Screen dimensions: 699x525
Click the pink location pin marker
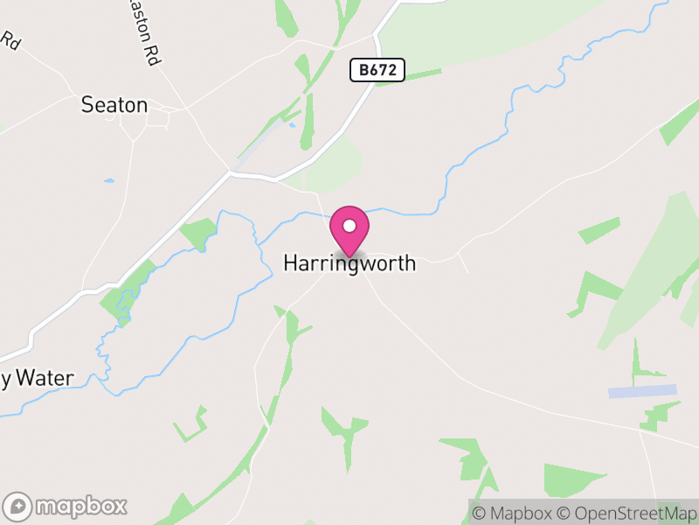[349, 229]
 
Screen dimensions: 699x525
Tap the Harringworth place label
[349, 262]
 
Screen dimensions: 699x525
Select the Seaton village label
[114, 105]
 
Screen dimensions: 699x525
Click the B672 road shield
[377, 71]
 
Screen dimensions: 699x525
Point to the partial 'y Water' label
[37, 379]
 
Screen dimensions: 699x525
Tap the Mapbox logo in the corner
[66, 506]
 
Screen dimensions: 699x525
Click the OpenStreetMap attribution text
[626, 513]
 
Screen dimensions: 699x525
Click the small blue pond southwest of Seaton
[109, 181]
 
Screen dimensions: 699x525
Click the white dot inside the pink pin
[349, 226]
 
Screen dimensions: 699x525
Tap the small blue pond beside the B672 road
[293, 124]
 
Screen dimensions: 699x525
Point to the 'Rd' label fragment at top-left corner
[10, 39]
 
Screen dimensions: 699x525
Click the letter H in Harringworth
[291, 262]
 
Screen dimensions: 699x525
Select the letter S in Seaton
[87, 105]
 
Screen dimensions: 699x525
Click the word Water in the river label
[45, 379]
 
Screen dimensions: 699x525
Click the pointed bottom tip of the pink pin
[349, 256]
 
